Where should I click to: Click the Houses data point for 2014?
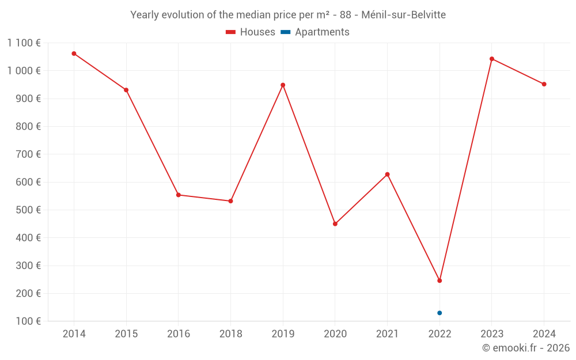(74, 54)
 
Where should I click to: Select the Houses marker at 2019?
(283, 85)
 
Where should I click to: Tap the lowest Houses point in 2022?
(439, 281)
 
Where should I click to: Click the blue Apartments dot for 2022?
(439, 313)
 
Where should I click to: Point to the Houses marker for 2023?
(492, 59)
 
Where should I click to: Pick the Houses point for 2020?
(335, 224)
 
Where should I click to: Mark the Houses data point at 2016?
(179, 195)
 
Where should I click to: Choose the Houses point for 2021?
(387, 175)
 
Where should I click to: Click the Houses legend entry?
(251, 32)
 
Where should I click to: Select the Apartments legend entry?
(315, 32)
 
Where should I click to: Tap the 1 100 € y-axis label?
(24, 43)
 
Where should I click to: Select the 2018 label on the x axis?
(230, 334)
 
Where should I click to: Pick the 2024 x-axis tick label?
(544, 334)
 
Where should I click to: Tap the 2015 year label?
(126, 334)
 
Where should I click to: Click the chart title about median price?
(288, 15)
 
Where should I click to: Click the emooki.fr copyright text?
(526, 348)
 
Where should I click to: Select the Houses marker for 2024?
(544, 84)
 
